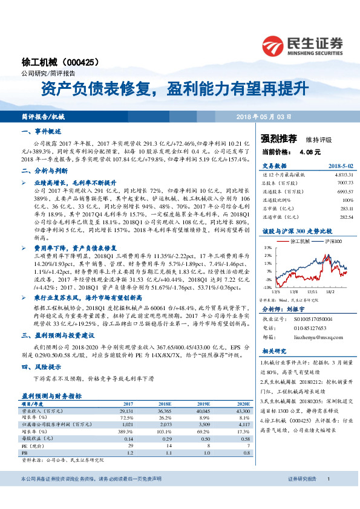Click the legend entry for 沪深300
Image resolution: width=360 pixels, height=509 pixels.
(331, 241)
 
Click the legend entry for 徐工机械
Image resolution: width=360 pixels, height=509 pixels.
(301, 241)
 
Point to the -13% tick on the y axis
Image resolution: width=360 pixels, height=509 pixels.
(267, 287)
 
